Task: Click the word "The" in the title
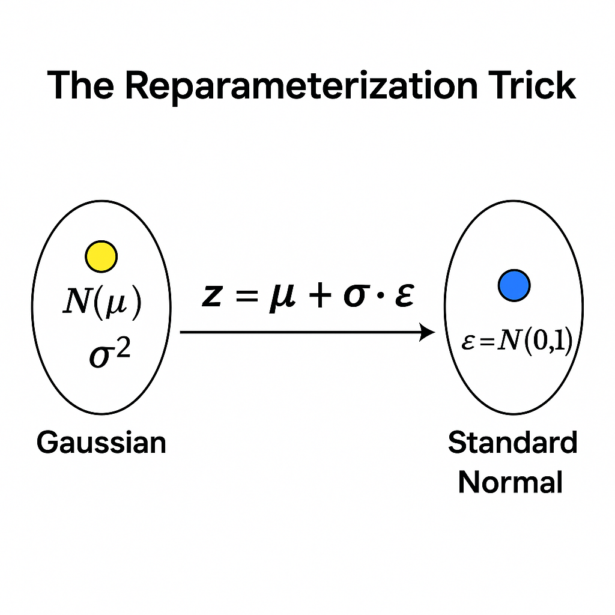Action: tap(80, 85)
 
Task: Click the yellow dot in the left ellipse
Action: tap(101, 256)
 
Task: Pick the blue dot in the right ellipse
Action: tap(514, 285)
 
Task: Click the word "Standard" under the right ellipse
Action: tap(512, 444)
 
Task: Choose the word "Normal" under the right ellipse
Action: tap(510, 482)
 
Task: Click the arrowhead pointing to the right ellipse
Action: tap(427, 332)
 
